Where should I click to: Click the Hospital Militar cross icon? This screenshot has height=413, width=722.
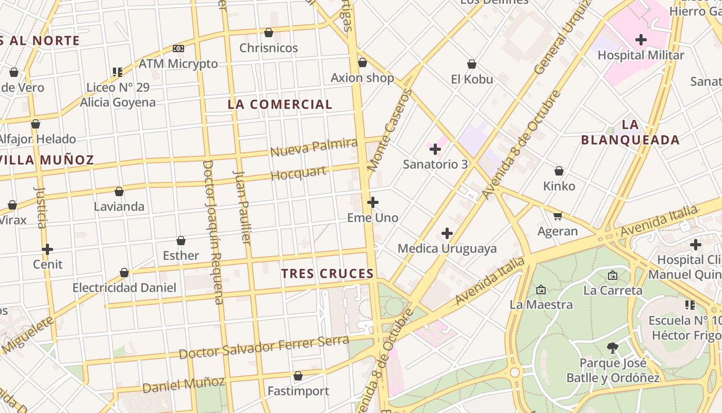tap(641, 40)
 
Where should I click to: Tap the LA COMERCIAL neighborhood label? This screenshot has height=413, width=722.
tap(280, 104)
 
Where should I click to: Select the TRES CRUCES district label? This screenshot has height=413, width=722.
tap(327, 274)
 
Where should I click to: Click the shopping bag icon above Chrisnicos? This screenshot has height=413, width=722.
tap(269, 33)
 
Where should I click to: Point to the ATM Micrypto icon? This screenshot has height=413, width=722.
tap(178, 49)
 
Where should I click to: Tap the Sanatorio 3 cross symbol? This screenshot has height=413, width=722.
tap(435, 150)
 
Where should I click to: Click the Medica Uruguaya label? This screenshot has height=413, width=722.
tap(447, 248)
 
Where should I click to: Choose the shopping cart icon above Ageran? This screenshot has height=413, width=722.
tap(557, 216)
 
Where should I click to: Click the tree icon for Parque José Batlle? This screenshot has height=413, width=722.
tap(613, 348)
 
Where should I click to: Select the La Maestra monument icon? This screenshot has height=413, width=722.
tap(541, 290)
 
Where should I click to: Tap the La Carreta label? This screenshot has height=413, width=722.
tap(613, 290)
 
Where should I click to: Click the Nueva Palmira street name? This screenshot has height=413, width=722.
tap(314, 148)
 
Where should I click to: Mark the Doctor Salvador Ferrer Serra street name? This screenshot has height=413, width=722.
tap(264, 347)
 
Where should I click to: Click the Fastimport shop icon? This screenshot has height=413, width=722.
tap(298, 376)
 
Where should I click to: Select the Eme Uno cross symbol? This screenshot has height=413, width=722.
tap(373, 202)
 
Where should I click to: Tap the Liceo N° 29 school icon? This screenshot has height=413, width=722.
tap(118, 72)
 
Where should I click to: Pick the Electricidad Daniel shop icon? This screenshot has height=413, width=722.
tap(124, 273)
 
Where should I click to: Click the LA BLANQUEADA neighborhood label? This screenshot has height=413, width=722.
tap(630, 132)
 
